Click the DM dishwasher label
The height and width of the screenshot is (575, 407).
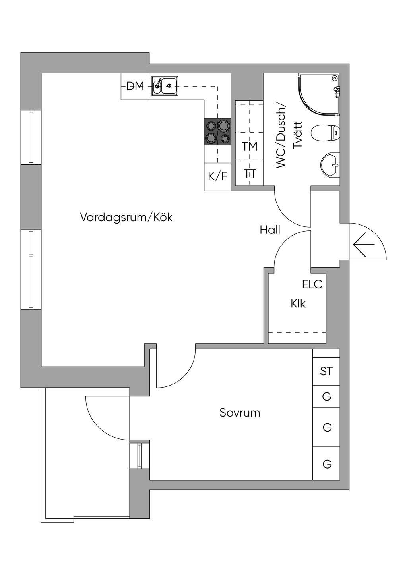coord(135,86)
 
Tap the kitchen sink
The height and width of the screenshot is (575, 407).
coord(165,86)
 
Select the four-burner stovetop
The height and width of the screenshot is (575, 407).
coord(217,132)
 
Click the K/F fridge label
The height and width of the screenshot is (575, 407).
coord(217,176)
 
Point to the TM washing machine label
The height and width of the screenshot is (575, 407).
coord(250,146)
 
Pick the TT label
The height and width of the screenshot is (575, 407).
coord(250,174)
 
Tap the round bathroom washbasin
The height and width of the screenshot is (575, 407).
coord(330,164)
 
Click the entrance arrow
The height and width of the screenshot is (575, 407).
coord(363,245)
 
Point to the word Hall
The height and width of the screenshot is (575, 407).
coord(270,230)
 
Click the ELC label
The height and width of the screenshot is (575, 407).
coord(312,284)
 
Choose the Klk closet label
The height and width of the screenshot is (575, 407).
coord(298,304)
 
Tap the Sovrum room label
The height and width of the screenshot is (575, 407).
coord(240,413)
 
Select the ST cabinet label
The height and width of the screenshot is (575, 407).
coord(326,371)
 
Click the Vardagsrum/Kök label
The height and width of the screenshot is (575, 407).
coord(126,218)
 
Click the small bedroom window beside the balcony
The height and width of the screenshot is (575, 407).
coord(140,455)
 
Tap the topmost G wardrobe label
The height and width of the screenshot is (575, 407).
coord(327,396)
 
